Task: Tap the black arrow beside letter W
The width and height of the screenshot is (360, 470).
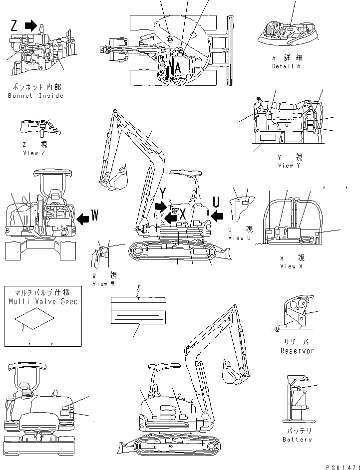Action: (x=83, y=217)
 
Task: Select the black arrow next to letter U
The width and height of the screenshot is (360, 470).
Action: (x=217, y=215)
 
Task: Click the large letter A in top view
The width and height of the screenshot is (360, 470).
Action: (x=177, y=68)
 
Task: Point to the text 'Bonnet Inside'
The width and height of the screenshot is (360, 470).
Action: (x=36, y=96)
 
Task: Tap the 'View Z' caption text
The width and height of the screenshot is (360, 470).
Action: (x=34, y=153)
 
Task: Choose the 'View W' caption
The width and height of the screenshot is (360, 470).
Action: (x=103, y=283)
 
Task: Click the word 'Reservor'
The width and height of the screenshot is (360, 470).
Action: (x=297, y=351)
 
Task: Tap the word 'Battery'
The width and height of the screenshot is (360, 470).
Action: (x=297, y=439)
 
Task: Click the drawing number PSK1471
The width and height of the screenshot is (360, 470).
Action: (x=336, y=466)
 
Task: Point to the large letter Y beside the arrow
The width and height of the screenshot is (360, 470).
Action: (x=163, y=193)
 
